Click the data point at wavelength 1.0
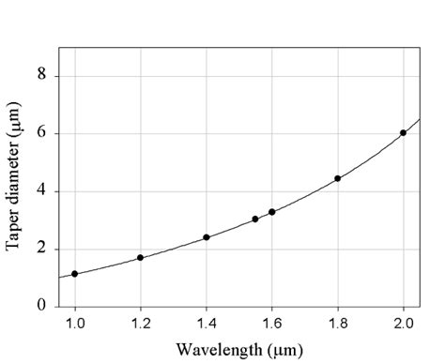click(75, 274)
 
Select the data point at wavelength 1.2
click(141, 257)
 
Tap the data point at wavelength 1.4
click(207, 237)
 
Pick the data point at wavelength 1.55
click(255, 219)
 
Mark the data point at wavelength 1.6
click(272, 212)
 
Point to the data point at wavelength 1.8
click(338, 178)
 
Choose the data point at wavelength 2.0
click(404, 133)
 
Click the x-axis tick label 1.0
click(75, 325)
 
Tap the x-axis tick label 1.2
click(141, 325)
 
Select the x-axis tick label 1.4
click(207, 325)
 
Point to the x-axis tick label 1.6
click(272, 325)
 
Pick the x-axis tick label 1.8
click(338, 325)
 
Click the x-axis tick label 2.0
click(404, 325)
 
